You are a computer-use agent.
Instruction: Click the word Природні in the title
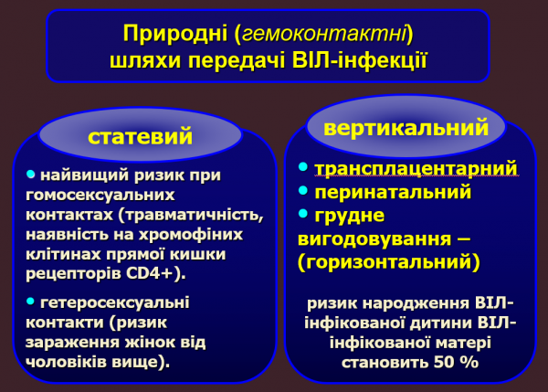[175, 35]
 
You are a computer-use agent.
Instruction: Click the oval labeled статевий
[140, 137]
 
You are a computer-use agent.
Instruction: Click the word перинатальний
[393, 193]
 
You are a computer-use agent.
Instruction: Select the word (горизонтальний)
[388, 262]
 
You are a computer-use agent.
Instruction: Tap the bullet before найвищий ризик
[30, 174]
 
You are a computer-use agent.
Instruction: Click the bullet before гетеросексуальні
[30, 302]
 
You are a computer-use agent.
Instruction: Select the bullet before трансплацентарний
[304, 169]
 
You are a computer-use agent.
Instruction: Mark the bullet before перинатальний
[304, 193]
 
